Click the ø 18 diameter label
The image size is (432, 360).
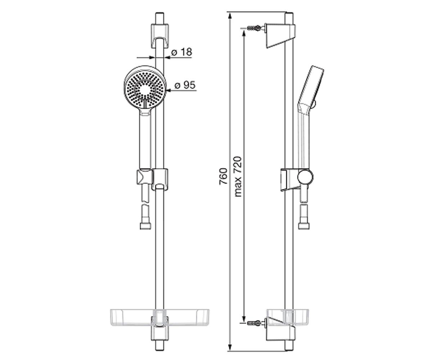click(x=181, y=52)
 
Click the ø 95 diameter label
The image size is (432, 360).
click(x=185, y=85)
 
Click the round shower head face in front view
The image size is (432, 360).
click(x=145, y=88)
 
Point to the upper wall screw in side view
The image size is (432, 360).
click(x=256, y=28)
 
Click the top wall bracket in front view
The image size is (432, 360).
click(x=159, y=36)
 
